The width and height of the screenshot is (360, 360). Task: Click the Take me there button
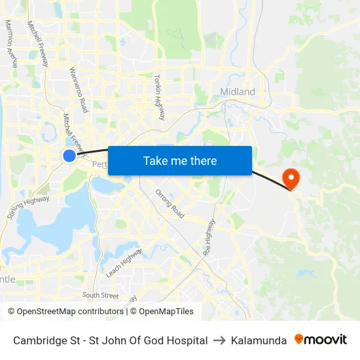pyautogui.click(x=180, y=160)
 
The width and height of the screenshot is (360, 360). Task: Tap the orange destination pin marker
pyautogui.click(x=289, y=177)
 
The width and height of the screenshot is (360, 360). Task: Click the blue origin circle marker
pyautogui.click(x=69, y=155)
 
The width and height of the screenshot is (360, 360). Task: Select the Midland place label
pyautogui.click(x=238, y=92)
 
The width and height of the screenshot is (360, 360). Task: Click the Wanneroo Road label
pyautogui.click(x=78, y=89)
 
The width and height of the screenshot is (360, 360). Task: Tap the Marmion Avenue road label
pyautogui.click(x=11, y=43)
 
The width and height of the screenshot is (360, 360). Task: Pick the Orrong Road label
pyautogui.click(x=170, y=203)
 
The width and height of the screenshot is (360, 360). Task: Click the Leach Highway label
pyautogui.click(x=123, y=262)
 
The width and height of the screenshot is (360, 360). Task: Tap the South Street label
pyautogui.click(x=100, y=295)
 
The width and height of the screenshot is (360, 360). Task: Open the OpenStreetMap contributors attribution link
pyautogui.click(x=69, y=312)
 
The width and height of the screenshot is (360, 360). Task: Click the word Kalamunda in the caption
pyautogui.click(x=259, y=340)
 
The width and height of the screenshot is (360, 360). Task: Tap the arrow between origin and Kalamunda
pyautogui.click(x=219, y=340)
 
